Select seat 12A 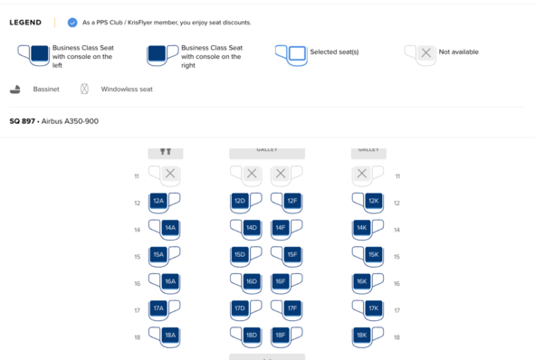[x=158, y=201]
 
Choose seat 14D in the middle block [x=252, y=228]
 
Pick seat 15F [x=292, y=255]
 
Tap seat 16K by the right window [x=362, y=281]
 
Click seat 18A [x=170, y=335]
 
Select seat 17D [x=240, y=308]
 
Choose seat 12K [x=374, y=201]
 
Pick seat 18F [x=281, y=335]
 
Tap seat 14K [x=362, y=228]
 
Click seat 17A [x=158, y=308]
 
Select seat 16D [x=252, y=281]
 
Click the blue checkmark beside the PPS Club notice [x=72, y=23]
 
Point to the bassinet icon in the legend [x=15, y=90]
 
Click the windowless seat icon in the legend [x=84, y=89]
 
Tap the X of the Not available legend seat [x=425, y=52]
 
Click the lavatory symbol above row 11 [x=166, y=151]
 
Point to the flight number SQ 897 [x=22, y=121]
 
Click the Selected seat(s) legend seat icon [x=291, y=55]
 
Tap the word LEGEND [x=25, y=23]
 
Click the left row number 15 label [x=138, y=257]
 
